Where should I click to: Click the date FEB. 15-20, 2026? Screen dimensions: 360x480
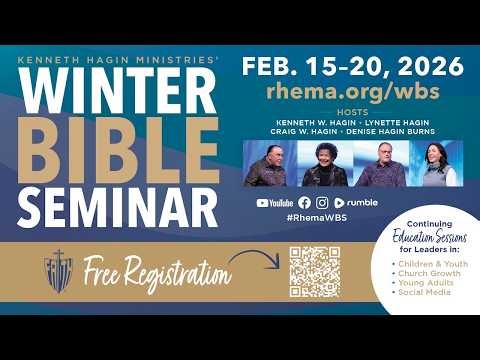353,67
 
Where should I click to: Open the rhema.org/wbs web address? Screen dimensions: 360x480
353,92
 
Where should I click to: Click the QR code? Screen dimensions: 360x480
314,271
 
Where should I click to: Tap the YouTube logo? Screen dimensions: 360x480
275,202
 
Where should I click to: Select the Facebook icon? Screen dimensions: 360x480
305,202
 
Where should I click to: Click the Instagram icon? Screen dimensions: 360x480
321,202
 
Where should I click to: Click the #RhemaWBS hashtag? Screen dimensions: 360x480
315,218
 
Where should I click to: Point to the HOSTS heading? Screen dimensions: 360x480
352,112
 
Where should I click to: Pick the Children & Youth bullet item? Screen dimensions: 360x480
428,265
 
